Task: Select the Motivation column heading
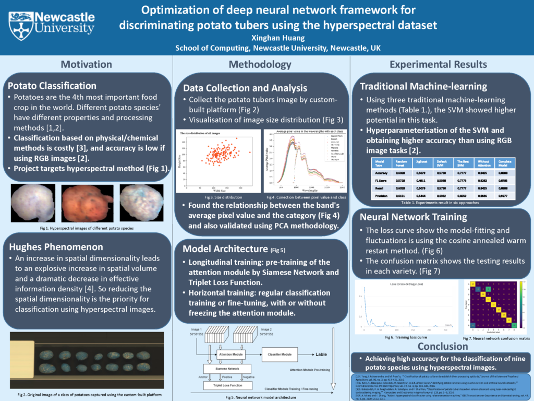click(x=86, y=64)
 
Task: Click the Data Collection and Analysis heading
click(x=245, y=88)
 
